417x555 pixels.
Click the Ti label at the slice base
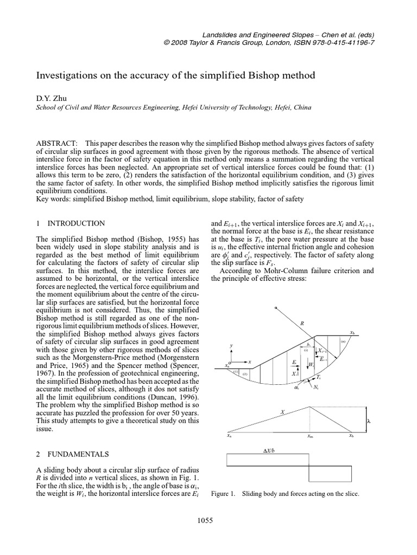pos(319,377)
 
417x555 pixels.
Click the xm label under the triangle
pos(309,436)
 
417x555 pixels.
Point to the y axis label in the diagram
pos(231,345)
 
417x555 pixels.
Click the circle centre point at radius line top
pos(275,307)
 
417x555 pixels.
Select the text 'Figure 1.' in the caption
pos(223,494)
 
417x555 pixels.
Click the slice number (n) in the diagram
pos(343,341)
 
